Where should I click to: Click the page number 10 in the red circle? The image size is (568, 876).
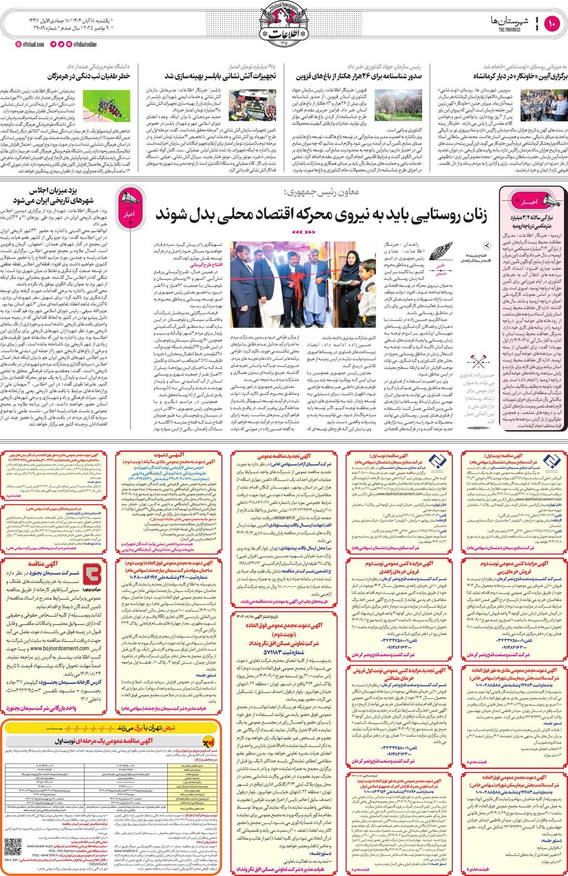(x=552, y=24)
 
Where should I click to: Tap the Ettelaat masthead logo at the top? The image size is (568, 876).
(x=284, y=25)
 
